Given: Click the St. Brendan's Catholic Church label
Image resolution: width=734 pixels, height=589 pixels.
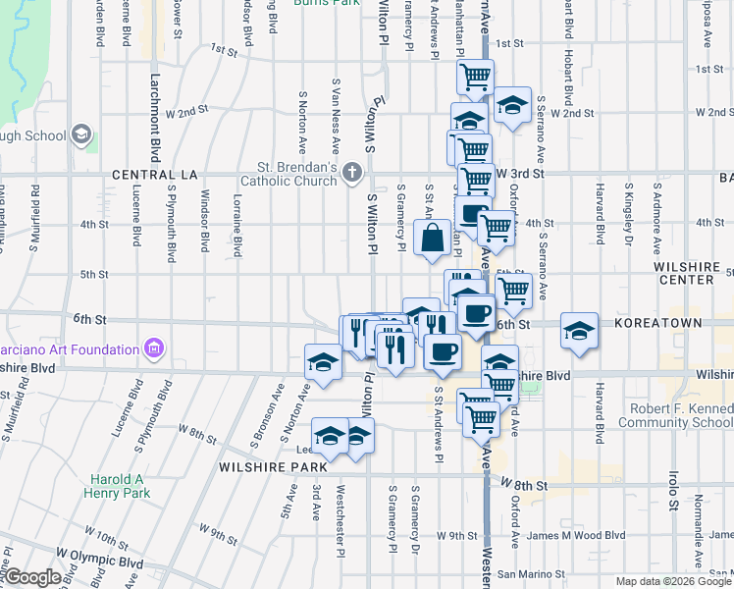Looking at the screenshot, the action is [297, 173].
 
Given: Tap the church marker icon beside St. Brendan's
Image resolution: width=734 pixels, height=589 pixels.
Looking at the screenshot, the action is [352, 174].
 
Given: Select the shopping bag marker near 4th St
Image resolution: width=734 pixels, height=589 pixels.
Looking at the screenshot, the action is [433, 239].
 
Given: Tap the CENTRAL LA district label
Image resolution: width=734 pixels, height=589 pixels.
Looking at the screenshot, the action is [155, 174].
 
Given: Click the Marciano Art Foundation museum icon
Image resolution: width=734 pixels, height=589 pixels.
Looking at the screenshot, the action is [153, 348].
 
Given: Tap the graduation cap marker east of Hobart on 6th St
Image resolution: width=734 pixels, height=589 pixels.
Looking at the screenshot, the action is [580, 330].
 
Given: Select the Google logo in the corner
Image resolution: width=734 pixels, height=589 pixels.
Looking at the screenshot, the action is [31, 577].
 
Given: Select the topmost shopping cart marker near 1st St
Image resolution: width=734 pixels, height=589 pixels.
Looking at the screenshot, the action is [475, 76].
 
